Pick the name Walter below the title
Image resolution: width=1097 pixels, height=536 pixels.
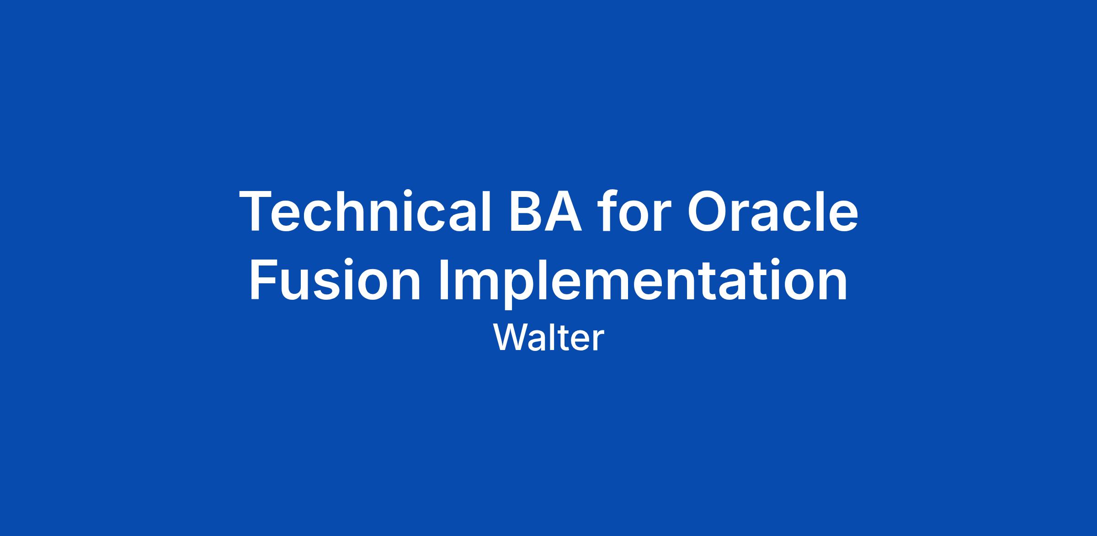(x=548, y=338)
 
